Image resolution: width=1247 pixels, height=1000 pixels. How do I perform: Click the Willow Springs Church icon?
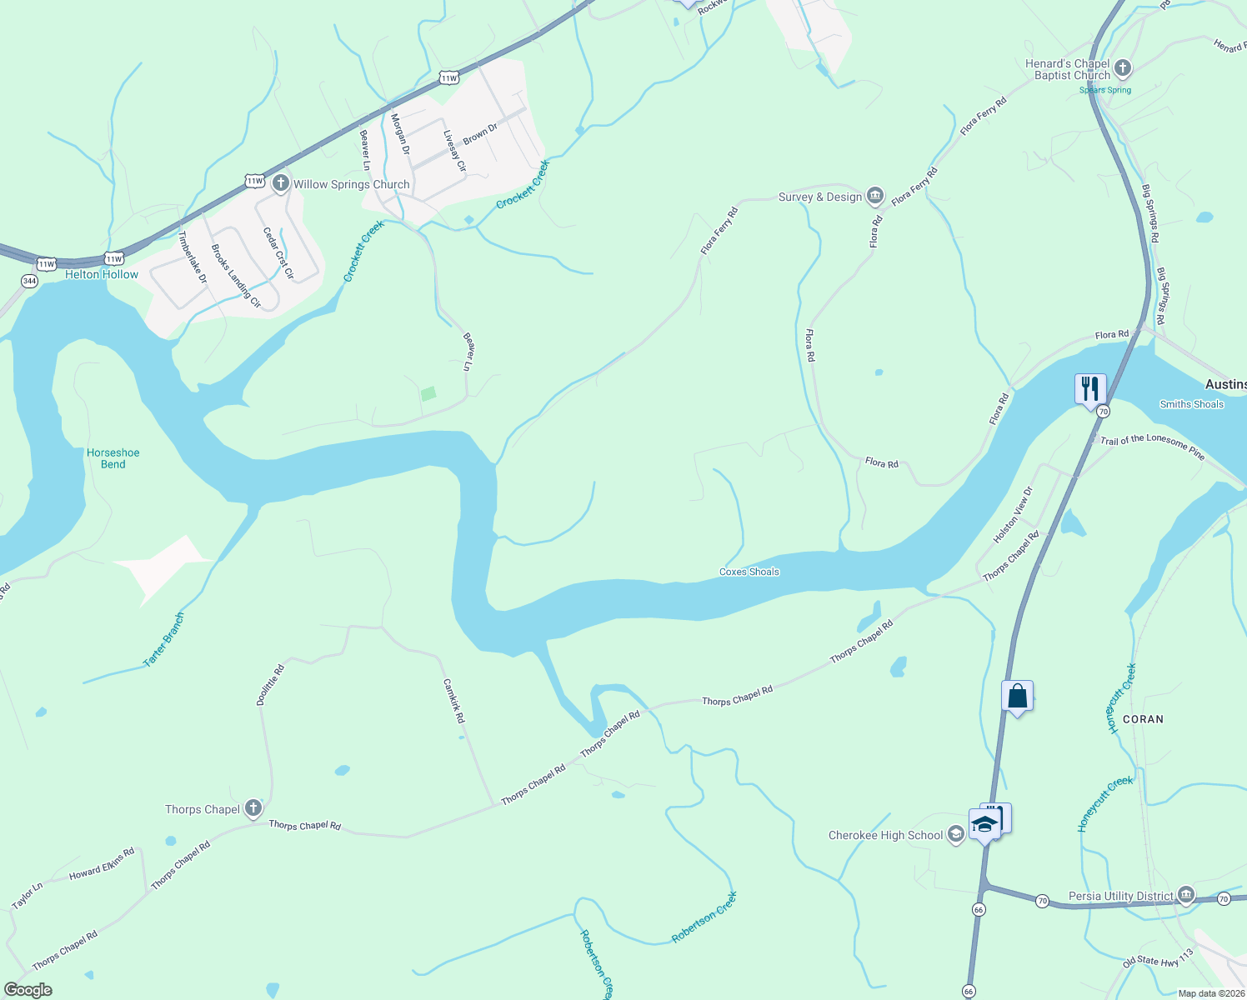pos(281,183)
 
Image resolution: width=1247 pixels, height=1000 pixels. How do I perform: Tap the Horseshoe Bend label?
pos(113,458)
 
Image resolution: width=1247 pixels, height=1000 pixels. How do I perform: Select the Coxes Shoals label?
pos(749,572)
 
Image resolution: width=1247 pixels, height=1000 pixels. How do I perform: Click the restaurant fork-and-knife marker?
pos(1089,389)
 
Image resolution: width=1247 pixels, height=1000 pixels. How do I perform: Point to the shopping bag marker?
pos(1017,696)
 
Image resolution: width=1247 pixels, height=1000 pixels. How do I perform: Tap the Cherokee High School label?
pos(885,835)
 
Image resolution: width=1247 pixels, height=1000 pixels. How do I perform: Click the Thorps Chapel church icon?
pos(253,808)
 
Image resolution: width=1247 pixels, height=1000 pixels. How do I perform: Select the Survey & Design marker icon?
pos(874,197)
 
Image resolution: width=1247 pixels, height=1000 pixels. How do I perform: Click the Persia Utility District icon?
pos(1185,896)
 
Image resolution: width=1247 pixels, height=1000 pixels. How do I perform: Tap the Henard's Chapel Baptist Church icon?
pos(1123,68)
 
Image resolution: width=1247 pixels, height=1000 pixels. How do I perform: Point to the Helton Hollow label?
pos(102,274)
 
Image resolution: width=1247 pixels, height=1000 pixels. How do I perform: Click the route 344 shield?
pos(30,281)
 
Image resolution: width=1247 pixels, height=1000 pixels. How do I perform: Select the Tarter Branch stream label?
pos(164,640)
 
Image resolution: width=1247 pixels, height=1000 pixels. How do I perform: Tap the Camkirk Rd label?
pos(453,700)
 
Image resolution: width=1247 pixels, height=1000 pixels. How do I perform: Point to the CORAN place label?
pos(1142,718)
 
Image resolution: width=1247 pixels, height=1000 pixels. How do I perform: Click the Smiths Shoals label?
pos(1191,404)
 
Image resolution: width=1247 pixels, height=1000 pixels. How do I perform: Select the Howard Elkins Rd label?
pos(102,863)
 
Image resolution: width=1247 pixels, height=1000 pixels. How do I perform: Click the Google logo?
pos(28,990)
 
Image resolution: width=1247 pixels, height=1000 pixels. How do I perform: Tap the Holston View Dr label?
pos(1012,515)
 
